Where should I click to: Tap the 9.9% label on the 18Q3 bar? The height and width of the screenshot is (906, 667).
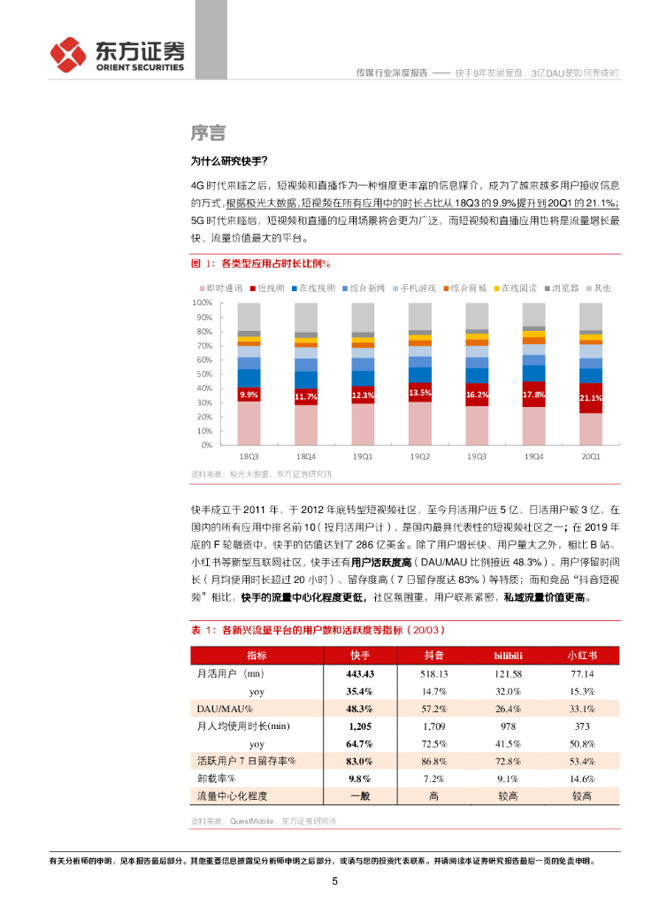pos(249,395)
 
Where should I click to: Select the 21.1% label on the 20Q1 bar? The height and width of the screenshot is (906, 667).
pos(590,398)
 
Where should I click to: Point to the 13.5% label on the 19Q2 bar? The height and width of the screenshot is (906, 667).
pos(419,392)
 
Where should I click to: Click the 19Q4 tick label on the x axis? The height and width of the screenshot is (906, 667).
pos(533,457)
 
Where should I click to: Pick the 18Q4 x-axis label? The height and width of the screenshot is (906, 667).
pos(305,457)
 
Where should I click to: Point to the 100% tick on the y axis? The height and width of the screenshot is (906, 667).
pos(203,303)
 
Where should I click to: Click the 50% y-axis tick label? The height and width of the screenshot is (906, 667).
pos(204,373)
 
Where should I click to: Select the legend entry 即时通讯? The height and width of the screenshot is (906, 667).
pos(223,288)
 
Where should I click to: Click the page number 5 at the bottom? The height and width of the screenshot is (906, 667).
pos(334,881)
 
